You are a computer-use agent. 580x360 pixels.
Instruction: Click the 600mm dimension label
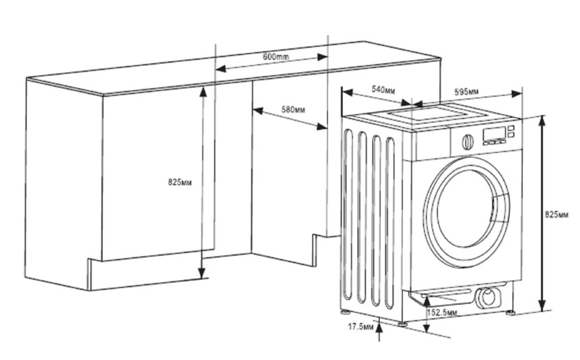click(276, 57)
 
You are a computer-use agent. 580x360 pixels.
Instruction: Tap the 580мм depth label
click(293, 110)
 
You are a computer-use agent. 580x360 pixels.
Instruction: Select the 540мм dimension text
click(384, 89)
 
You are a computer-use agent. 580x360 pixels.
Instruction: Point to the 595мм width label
click(466, 92)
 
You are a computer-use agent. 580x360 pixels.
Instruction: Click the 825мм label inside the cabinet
click(180, 182)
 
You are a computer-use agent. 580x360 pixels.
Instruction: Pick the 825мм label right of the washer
click(556, 215)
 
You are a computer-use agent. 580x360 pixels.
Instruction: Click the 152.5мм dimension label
click(442, 313)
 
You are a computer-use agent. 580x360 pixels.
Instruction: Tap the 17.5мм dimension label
click(361, 327)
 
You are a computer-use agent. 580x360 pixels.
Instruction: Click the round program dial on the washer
click(468, 142)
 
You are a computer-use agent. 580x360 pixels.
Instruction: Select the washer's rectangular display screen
click(494, 134)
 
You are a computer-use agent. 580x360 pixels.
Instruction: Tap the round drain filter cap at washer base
click(487, 296)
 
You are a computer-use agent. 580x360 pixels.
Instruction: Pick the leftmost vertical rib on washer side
click(348, 214)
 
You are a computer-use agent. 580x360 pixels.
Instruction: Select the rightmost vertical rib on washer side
click(390, 223)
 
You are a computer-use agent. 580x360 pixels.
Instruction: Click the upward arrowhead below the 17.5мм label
click(379, 327)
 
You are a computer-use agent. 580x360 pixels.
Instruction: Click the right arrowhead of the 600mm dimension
click(322, 57)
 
